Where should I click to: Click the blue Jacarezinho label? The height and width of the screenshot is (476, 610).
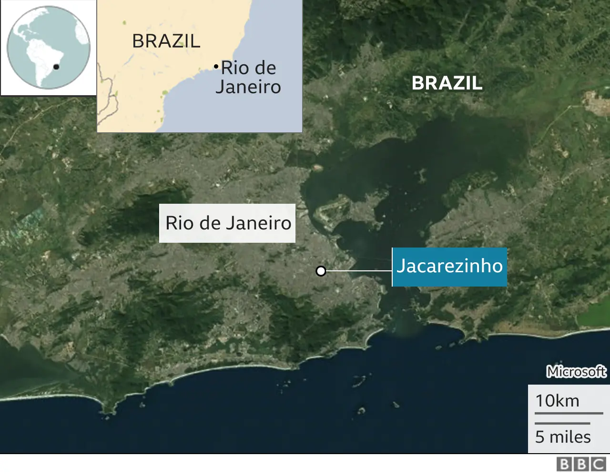coord(449,267)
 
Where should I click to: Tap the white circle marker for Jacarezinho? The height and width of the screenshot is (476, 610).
coord(321,271)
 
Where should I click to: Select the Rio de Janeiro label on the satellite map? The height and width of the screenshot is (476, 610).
coord(228,223)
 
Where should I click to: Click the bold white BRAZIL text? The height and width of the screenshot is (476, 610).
coord(447,83)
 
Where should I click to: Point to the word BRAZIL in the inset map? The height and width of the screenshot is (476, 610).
coord(166,41)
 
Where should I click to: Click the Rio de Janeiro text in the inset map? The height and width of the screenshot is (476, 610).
coord(248,78)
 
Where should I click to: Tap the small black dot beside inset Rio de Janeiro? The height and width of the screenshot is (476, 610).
coord(216,66)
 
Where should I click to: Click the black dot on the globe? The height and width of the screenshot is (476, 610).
coord(56,67)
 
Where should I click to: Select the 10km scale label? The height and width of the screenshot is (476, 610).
coord(557,401)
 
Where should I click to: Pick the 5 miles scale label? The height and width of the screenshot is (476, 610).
coord(563,437)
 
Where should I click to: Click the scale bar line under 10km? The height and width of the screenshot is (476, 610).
coord(569,413)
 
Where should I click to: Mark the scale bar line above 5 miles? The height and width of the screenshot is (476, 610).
coord(562,423)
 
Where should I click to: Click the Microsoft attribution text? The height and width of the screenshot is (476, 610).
coord(576,371)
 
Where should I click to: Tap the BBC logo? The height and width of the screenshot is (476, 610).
coord(581,464)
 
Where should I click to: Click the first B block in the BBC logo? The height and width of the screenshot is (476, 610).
coord(564,464)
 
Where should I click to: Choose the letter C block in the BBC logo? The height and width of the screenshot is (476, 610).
coord(598,464)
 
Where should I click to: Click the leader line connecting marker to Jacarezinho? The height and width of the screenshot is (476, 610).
coord(357,271)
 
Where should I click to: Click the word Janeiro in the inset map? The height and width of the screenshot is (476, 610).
coord(248,87)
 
